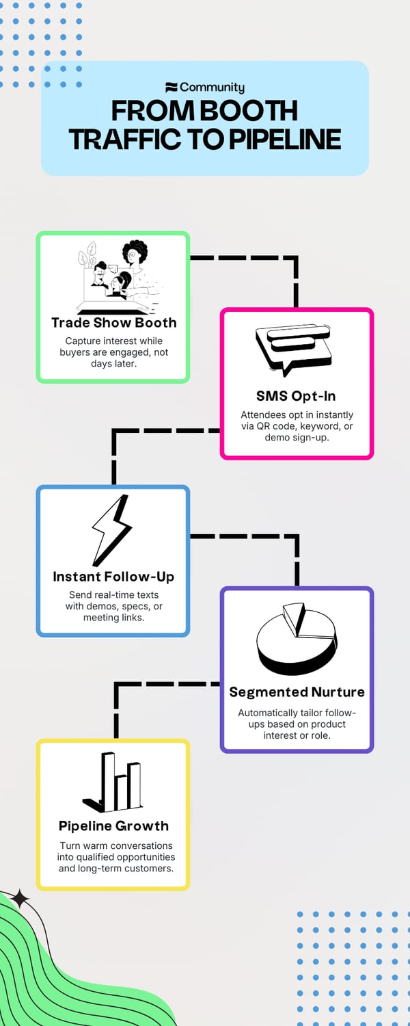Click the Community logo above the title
click(204, 88)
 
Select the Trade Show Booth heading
click(113, 323)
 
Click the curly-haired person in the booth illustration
click(135, 255)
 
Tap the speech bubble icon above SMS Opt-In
click(294, 349)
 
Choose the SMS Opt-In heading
click(296, 396)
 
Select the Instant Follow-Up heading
click(113, 577)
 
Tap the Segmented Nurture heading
click(297, 692)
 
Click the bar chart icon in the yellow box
click(113, 781)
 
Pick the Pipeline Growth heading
click(113, 826)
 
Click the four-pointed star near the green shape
click(20, 899)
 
